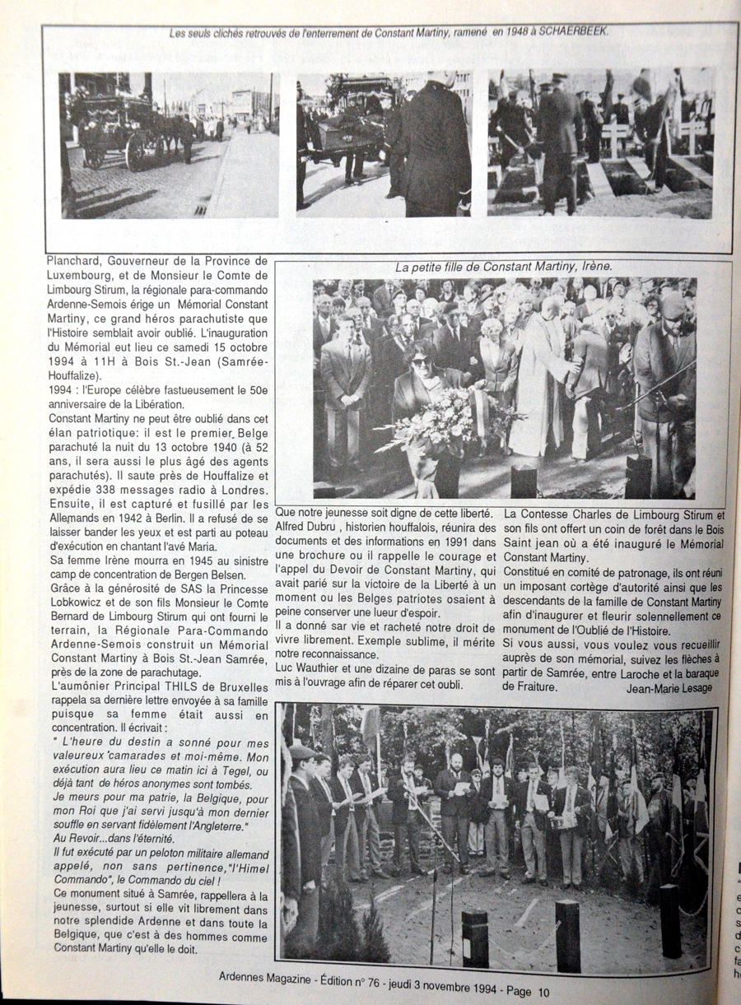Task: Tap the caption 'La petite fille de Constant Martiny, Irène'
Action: click(x=504, y=268)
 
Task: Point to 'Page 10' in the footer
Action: click(x=525, y=991)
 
